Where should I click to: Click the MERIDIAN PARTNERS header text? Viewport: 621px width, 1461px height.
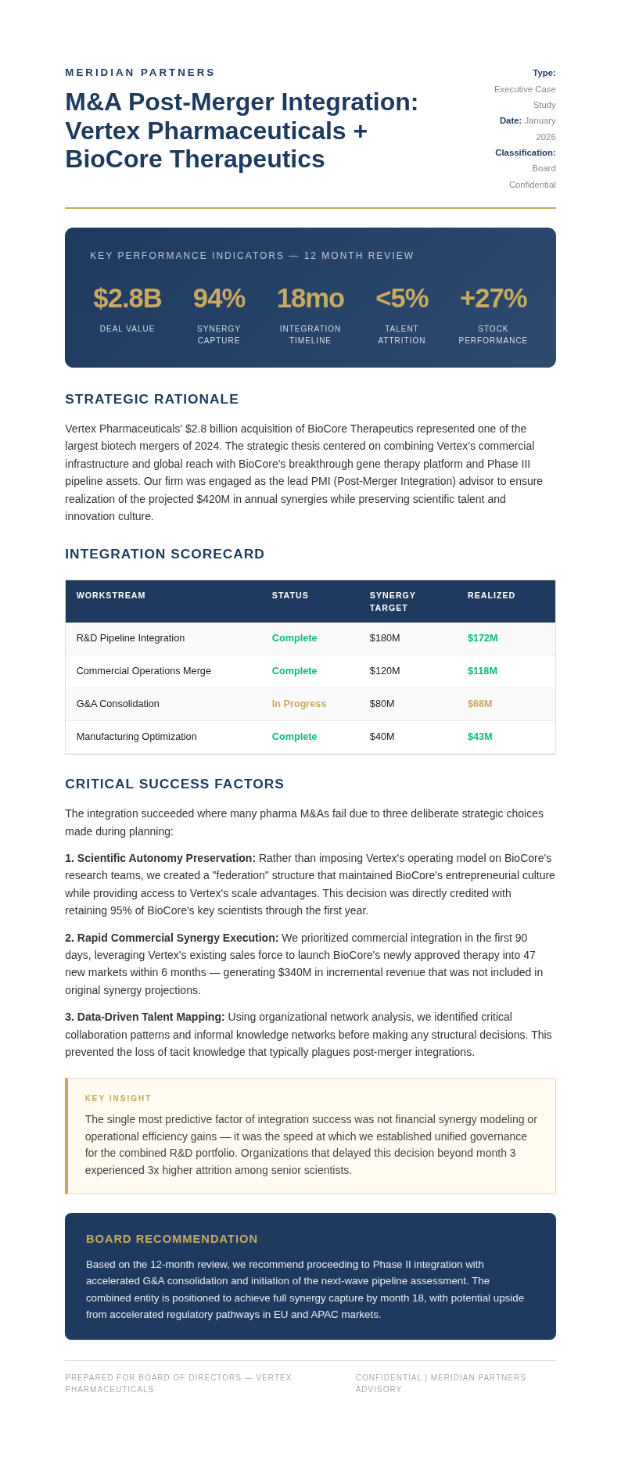[x=140, y=73]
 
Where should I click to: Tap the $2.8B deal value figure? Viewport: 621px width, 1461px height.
[x=127, y=299]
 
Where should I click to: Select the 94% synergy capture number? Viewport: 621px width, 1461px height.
[x=219, y=299]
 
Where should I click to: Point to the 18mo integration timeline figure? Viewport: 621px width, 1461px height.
[x=310, y=299]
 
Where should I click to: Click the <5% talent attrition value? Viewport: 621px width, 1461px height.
[x=402, y=299]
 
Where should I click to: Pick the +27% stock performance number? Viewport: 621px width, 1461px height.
[x=493, y=299]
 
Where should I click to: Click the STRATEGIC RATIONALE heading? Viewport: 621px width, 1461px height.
[x=152, y=400]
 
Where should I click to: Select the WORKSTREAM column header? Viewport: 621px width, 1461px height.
[x=111, y=596]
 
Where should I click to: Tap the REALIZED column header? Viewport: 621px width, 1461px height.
[x=491, y=596]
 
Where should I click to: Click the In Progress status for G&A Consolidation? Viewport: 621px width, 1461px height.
[x=299, y=704]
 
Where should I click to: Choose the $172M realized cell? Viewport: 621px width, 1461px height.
[x=483, y=638]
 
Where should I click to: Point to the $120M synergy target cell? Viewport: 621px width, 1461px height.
[x=384, y=671]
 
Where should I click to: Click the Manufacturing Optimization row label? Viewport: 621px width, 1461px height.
[x=137, y=737]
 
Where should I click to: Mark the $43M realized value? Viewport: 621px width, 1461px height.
[x=480, y=737]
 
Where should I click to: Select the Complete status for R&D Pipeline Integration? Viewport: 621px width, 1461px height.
[x=294, y=638]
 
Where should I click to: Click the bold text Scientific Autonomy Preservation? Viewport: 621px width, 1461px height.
[x=166, y=858]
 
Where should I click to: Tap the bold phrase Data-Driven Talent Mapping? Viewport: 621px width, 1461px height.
[x=150, y=1017]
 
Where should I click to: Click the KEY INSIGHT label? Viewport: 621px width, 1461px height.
[x=118, y=1099]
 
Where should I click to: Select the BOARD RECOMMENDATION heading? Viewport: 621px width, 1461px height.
[x=172, y=1239]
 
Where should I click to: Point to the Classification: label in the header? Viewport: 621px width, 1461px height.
[x=525, y=153]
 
